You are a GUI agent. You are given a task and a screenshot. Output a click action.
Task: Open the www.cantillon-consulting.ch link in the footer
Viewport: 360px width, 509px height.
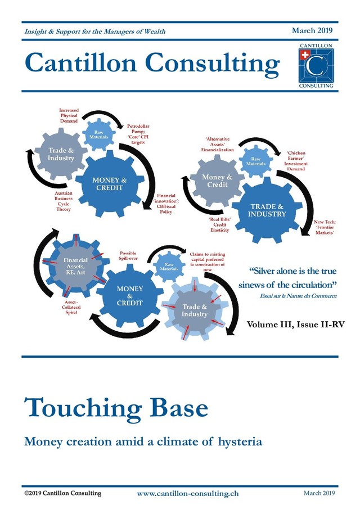[x=188, y=493]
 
